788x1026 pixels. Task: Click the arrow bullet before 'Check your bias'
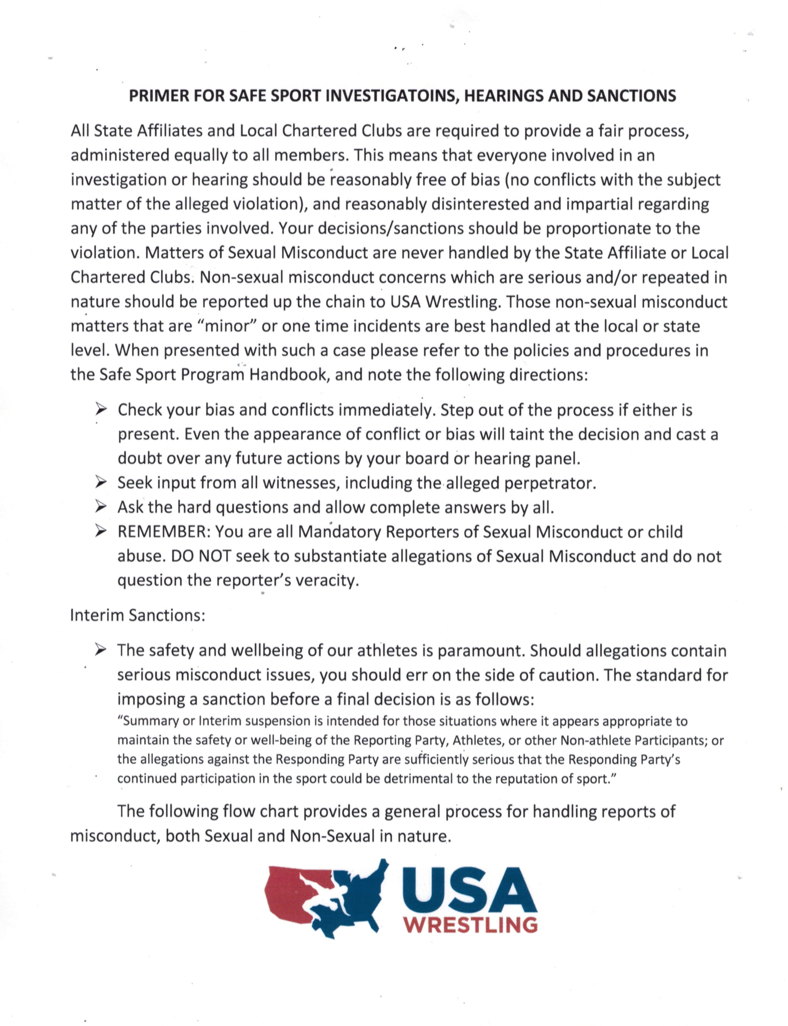pyautogui.click(x=100, y=410)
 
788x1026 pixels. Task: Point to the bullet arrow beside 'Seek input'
pyautogui.click(x=100, y=483)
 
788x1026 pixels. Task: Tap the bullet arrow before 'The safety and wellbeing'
pyautogui.click(x=100, y=650)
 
